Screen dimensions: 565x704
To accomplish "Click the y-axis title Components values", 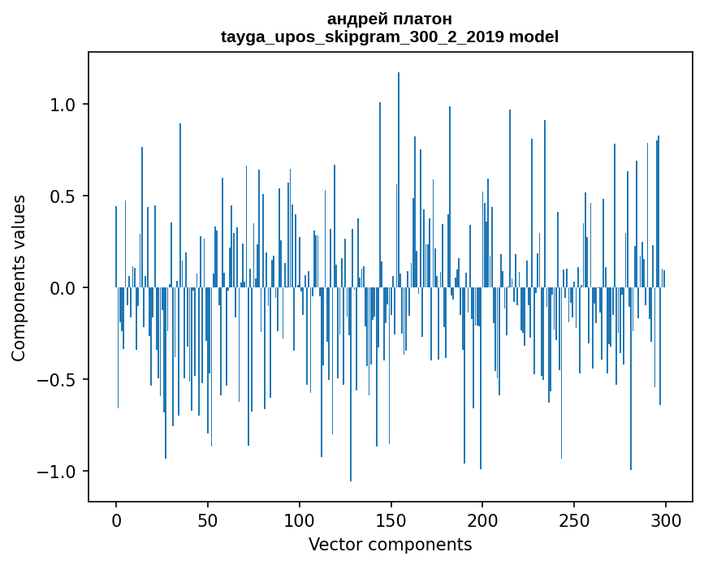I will click(19, 278).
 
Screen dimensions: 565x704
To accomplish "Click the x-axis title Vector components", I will click(390, 544).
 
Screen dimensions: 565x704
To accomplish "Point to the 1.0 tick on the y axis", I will click(63, 105).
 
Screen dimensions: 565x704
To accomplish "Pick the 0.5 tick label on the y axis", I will click(63, 196).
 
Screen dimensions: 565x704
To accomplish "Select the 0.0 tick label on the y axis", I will click(63, 288).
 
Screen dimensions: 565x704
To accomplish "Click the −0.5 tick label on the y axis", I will click(58, 380).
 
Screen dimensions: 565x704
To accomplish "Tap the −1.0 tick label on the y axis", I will click(58, 472).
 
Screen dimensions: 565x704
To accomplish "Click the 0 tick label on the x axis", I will click(116, 520).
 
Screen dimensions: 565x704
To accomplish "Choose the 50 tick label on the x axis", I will click(208, 520).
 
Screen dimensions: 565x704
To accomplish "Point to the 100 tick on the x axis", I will click(300, 520).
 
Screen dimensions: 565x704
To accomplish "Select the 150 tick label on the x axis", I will click(391, 520).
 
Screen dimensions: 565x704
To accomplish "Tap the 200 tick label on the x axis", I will click(483, 520).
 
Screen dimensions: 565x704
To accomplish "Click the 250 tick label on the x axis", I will click(575, 520).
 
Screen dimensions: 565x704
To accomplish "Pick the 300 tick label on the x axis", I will click(666, 520).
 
